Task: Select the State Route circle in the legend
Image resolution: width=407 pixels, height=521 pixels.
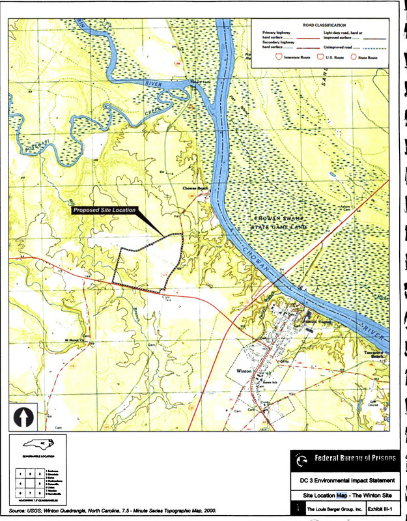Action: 354,57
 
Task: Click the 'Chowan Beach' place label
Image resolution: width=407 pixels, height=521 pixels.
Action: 194,187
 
